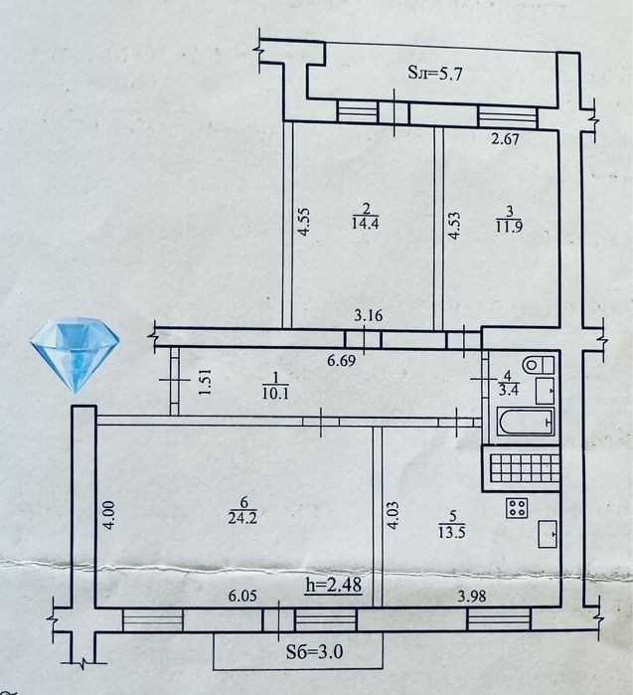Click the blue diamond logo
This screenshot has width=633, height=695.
point(75,355)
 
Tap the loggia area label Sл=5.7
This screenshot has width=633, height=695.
point(434,73)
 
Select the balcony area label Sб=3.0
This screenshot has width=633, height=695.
point(314,651)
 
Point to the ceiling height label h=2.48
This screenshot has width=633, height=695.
point(334,585)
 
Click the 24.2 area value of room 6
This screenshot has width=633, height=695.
point(242,517)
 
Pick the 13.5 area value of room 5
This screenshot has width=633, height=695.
point(452,532)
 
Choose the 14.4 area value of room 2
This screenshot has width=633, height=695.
point(365,223)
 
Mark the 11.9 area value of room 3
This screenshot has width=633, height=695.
point(509,226)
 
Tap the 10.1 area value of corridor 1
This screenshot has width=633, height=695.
point(275,393)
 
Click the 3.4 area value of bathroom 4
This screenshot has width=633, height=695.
point(509,390)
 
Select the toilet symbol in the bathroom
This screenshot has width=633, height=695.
point(538,365)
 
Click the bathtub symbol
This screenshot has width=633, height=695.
point(526,422)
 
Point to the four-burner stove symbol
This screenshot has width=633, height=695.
point(517,508)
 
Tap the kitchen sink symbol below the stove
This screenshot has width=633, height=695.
point(548,535)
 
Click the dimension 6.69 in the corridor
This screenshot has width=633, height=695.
point(341,360)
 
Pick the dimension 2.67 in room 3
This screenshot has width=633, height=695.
point(505,139)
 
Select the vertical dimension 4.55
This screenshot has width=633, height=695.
point(304,222)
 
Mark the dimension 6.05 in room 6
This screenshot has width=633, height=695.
point(242,596)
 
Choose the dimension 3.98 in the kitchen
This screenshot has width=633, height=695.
point(472,597)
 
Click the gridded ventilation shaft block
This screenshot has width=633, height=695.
point(521,468)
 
